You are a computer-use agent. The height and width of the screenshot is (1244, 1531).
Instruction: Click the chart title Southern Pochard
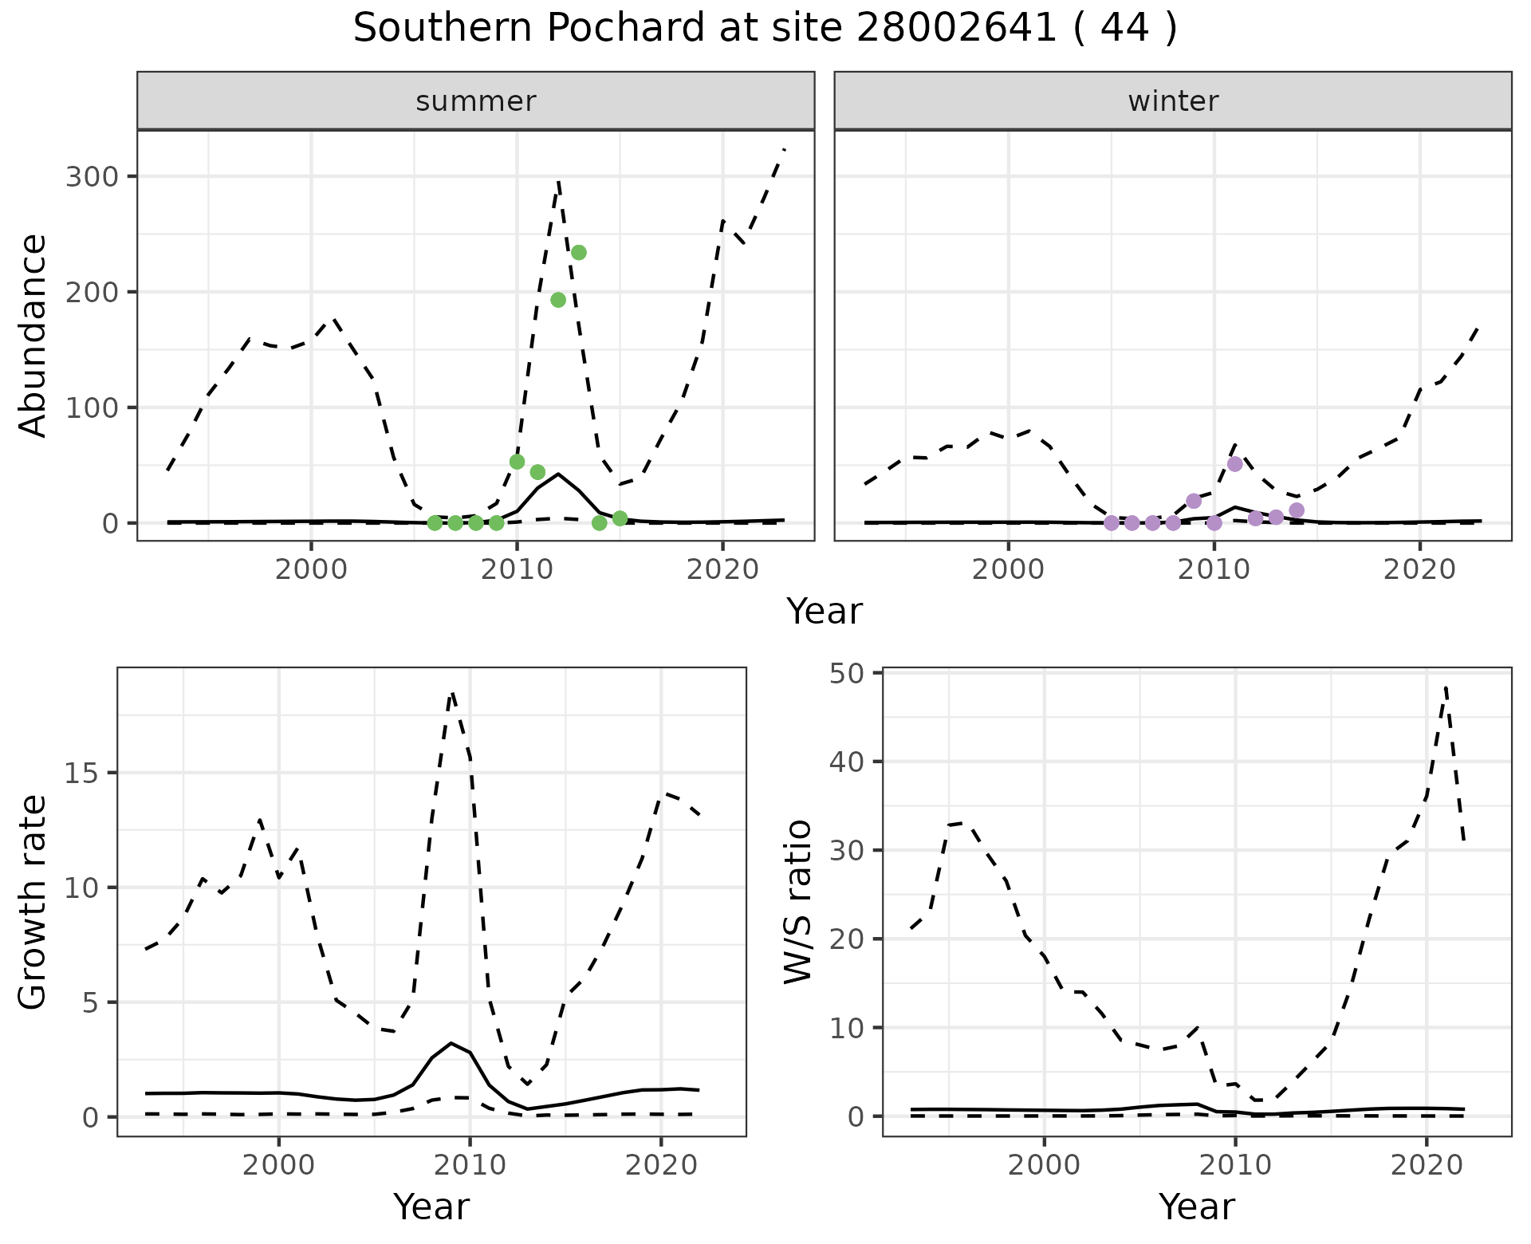click(765, 29)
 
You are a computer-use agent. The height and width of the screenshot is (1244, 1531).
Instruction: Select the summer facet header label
click(475, 101)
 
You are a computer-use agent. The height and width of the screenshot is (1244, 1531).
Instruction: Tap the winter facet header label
click(1172, 101)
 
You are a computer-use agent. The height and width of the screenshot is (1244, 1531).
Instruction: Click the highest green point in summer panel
click(579, 253)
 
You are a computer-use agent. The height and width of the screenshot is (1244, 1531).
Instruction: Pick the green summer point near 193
click(558, 300)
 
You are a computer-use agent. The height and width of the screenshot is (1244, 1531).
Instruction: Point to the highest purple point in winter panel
click(1235, 464)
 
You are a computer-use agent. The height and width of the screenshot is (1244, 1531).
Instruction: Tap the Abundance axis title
click(33, 336)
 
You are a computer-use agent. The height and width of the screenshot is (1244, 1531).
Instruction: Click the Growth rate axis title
click(33, 902)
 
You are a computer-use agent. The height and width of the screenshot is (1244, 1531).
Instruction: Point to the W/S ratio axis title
click(798, 902)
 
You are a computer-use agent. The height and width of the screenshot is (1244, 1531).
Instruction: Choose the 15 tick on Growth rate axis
click(81, 773)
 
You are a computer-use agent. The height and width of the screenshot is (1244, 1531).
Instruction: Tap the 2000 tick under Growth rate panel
click(278, 1165)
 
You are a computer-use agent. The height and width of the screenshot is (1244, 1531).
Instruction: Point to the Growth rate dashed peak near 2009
click(452, 695)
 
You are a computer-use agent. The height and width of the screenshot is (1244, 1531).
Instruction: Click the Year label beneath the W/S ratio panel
click(1196, 1207)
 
